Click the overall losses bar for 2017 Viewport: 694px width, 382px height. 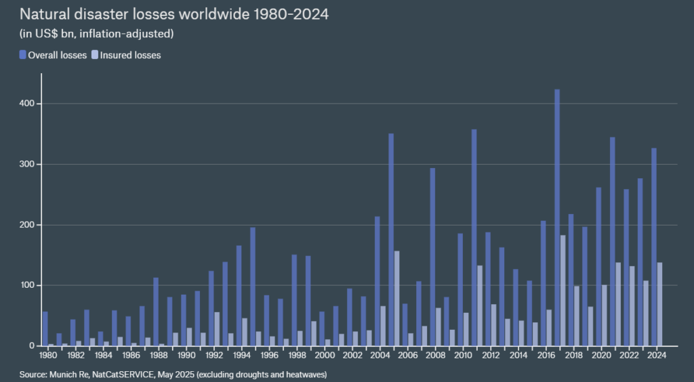[x=557, y=217]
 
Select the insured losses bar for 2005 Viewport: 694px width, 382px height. [x=396, y=299]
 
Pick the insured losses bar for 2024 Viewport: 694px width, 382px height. [x=659, y=304]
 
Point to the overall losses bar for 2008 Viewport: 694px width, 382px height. [x=432, y=257]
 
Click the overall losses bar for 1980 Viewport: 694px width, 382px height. [x=45, y=328]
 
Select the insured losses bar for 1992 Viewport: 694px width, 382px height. [x=217, y=329]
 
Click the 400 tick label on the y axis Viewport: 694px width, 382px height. [x=26, y=104]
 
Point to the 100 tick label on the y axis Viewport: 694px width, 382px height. [x=26, y=286]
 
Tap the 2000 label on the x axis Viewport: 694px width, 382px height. [x=325, y=355]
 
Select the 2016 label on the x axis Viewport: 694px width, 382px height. [x=546, y=355]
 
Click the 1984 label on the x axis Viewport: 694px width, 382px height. [x=103, y=355]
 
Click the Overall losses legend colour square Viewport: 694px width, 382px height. [x=22, y=55]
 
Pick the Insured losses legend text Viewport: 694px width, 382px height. [x=130, y=55]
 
